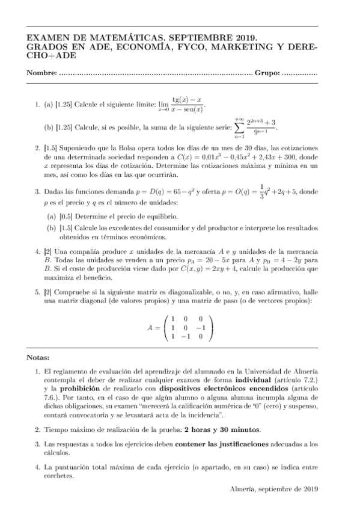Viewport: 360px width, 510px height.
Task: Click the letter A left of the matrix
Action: (x=150, y=328)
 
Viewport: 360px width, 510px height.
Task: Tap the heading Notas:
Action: (x=39, y=358)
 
